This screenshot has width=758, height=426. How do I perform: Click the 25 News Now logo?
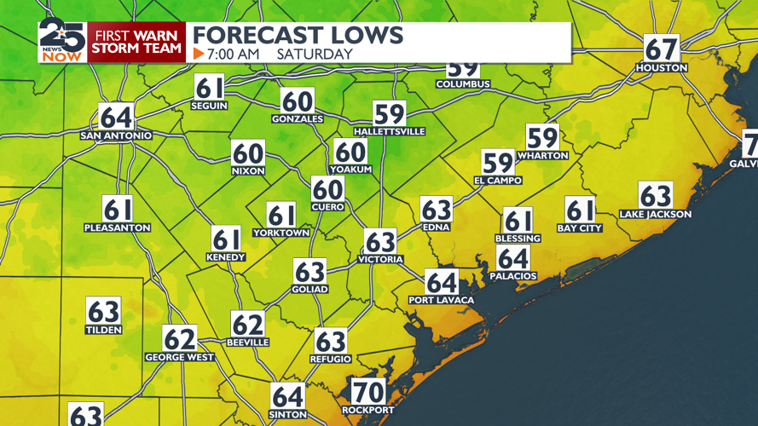click(x=62, y=41)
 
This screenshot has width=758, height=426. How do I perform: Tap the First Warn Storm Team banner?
click(x=137, y=42)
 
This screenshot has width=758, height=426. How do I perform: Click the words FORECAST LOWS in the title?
click(x=298, y=35)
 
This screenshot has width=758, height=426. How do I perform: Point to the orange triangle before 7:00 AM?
click(x=199, y=54)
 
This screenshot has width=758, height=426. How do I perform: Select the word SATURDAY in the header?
click(x=315, y=54)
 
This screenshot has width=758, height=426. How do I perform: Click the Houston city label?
click(x=661, y=67)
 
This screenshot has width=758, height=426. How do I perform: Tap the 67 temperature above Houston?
click(x=661, y=49)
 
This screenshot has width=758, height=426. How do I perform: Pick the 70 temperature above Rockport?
click(x=368, y=391)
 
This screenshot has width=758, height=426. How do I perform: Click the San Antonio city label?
click(x=116, y=135)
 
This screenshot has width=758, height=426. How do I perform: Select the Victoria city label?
click(x=380, y=259)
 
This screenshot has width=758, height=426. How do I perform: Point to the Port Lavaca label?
click(x=441, y=300)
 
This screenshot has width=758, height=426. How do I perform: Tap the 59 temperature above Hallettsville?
click(x=389, y=113)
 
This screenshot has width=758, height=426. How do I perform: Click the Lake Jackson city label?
click(x=655, y=214)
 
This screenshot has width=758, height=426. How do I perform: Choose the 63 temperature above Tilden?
click(x=103, y=311)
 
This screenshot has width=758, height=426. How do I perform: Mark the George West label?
click(x=179, y=357)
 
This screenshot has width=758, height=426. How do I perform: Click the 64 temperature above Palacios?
click(x=513, y=257)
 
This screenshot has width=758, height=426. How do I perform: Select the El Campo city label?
click(x=498, y=181)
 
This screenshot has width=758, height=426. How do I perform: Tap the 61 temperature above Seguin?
click(x=211, y=88)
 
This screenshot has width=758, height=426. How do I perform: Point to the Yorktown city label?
click(x=281, y=233)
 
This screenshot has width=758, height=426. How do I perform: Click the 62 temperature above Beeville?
click(x=248, y=324)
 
